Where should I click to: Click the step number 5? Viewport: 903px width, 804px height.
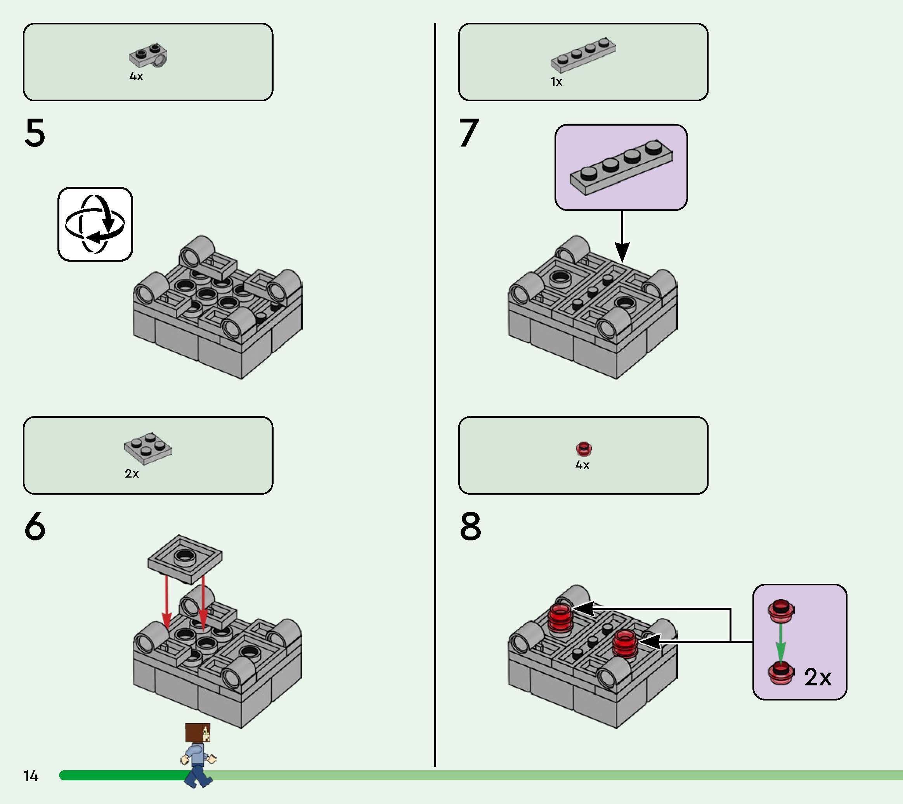pos(35,133)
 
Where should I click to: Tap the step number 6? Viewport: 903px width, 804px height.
pos(35,526)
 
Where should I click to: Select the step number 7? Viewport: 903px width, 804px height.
pos(469,133)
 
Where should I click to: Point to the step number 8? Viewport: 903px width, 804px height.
pos(471,526)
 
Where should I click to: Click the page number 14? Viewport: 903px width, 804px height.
pos(31,776)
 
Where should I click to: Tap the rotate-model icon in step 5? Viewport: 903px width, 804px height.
pos(95,224)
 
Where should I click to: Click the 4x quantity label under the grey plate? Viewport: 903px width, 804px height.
pos(136,76)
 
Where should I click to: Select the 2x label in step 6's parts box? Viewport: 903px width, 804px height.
pos(132,474)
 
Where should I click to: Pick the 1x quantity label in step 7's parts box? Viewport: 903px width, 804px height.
pos(556,82)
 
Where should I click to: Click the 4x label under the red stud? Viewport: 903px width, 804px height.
pos(582,465)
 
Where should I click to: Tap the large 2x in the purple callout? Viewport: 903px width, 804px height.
pos(818,677)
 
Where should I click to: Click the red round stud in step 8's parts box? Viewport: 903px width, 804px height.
pos(584,449)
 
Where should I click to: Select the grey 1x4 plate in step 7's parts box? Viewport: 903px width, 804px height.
pos(583,55)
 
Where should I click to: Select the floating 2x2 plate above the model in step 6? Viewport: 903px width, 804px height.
pos(185,559)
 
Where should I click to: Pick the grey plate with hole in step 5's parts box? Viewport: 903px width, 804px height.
pos(148,56)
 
